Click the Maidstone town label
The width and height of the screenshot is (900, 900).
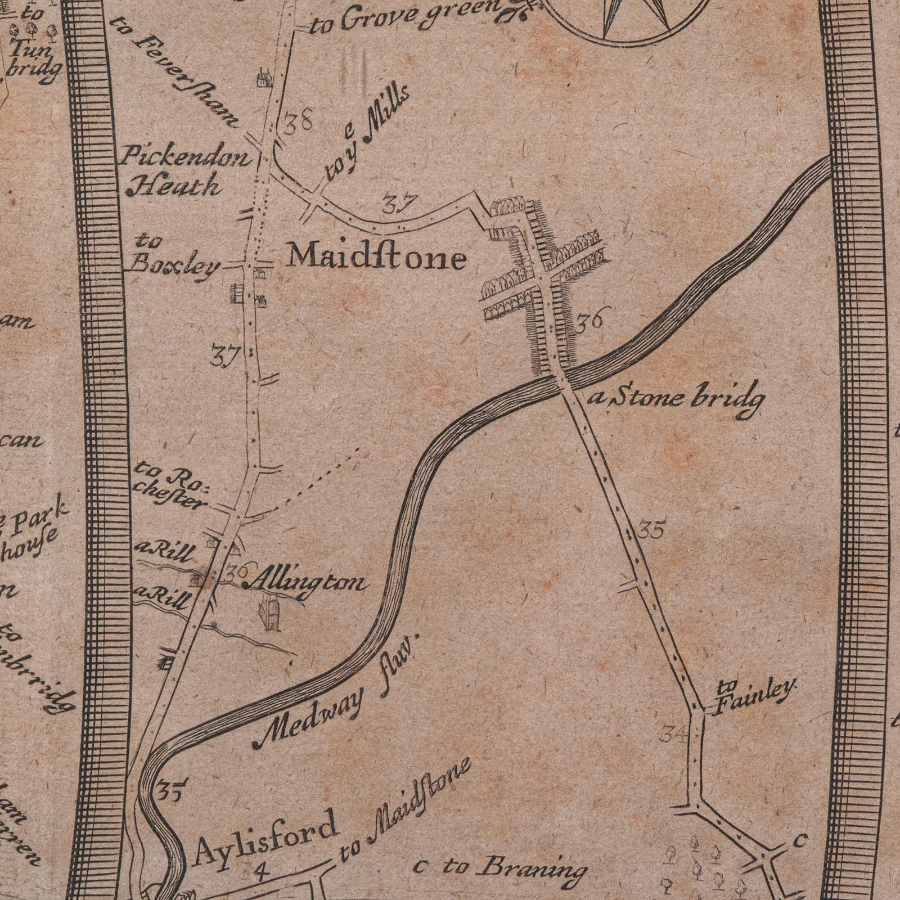377,258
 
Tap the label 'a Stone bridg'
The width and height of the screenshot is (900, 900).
677,400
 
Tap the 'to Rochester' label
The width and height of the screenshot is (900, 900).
172,485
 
